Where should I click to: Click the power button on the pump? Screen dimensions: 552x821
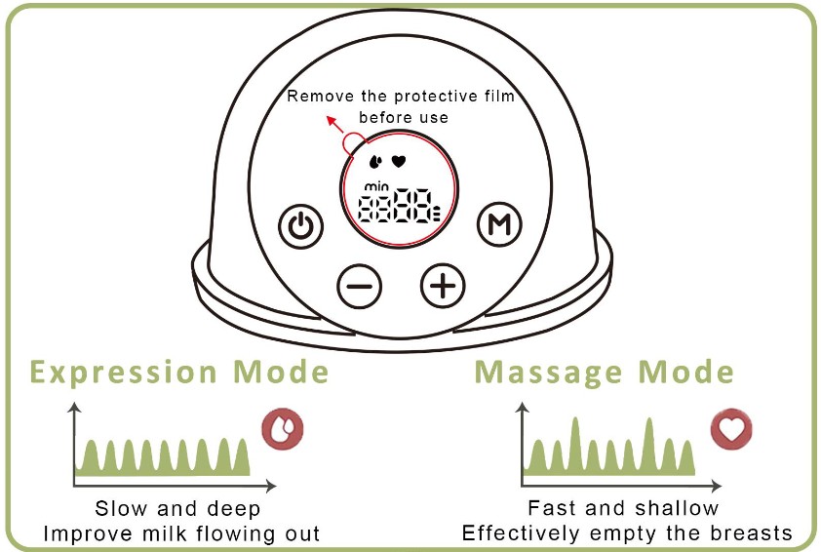(x=301, y=227)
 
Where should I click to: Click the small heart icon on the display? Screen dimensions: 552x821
(x=398, y=160)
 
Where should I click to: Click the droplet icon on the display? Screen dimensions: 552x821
(x=376, y=161)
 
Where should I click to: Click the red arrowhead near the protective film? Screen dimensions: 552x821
(x=330, y=122)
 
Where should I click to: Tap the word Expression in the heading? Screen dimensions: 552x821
(x=124, y=373)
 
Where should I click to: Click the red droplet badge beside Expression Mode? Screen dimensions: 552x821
(x=283, y=430)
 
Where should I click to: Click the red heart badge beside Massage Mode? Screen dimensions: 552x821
(x=733, y=430)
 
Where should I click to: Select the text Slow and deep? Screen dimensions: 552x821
(x=177, y=509)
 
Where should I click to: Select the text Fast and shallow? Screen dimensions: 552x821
(x=623, y=508)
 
